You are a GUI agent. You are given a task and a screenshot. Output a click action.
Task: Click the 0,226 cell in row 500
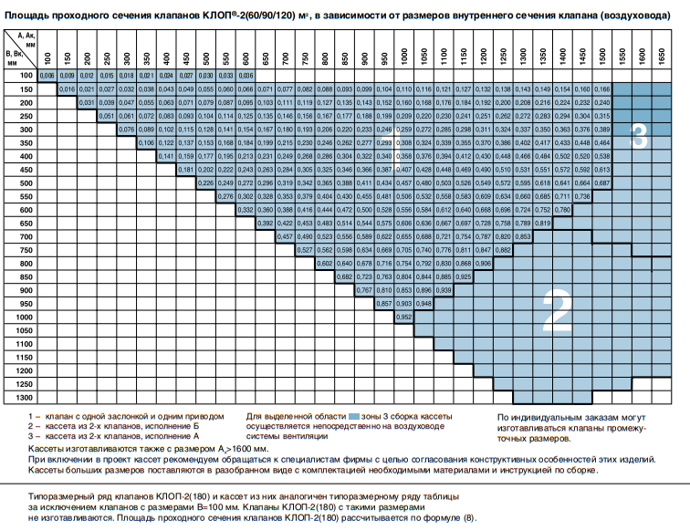[x=206, y=182]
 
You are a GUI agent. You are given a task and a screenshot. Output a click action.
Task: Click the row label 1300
[x=25, y=398]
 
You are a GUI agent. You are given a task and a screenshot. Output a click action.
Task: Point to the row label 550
[x=25, y=196]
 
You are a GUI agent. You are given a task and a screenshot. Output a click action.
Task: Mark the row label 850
[x=25, y=276]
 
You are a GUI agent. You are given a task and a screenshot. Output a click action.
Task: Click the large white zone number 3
[x=639, y=138]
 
